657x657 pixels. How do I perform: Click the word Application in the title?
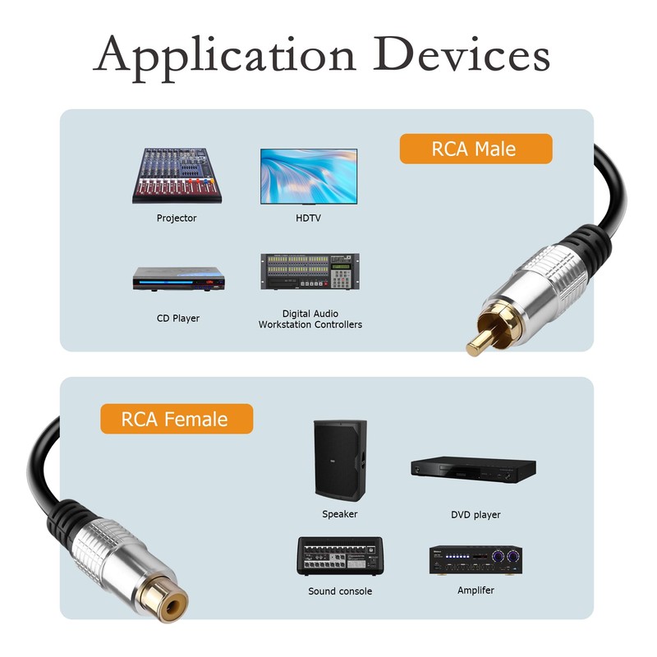coord(223,56)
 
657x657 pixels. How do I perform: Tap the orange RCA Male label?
coord(475,149)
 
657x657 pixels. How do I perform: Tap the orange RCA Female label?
coord(175,419)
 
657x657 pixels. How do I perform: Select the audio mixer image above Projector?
coord(178,175)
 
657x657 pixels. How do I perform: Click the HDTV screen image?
coord(309,176)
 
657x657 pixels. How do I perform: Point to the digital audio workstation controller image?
coord(310,272)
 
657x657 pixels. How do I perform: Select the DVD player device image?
coord(473,469)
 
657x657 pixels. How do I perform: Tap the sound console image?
coord(339,555)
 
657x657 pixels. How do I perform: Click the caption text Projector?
coord(177,218)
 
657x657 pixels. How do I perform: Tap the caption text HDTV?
coord(308,218)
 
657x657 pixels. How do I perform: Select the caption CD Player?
coord(178,318)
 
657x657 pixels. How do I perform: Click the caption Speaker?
coord(339,514)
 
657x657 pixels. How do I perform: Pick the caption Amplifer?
coord(476,590)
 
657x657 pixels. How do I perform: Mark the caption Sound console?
coord(340,591)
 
